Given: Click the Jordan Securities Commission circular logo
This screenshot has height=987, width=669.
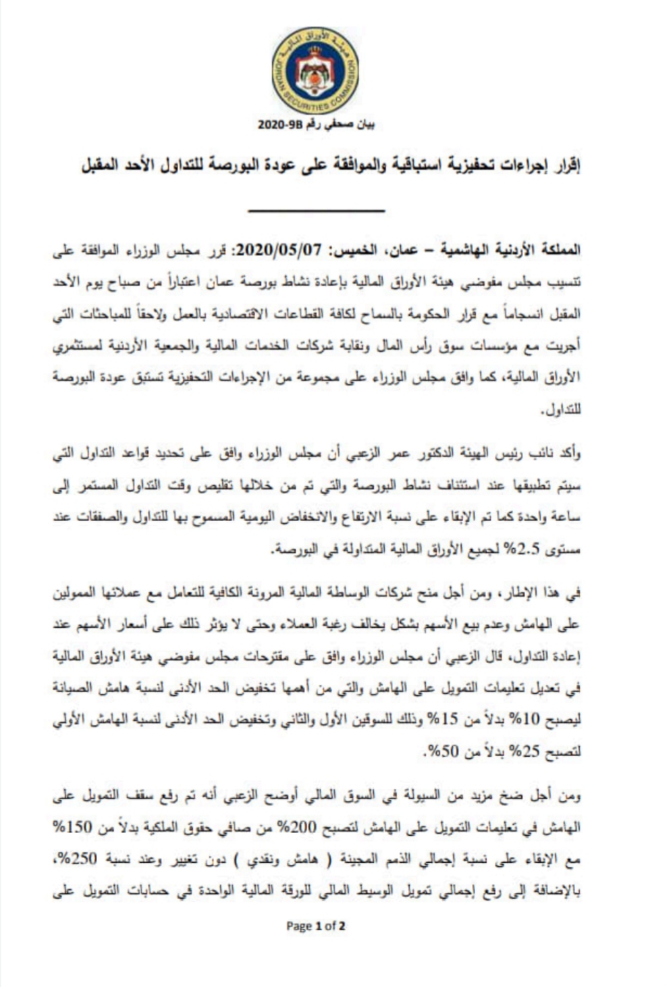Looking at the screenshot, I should coord(316,72).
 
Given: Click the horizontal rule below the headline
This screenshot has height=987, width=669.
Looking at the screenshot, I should coord(316,211).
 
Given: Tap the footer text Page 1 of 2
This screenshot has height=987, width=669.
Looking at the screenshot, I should coord(316,926).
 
